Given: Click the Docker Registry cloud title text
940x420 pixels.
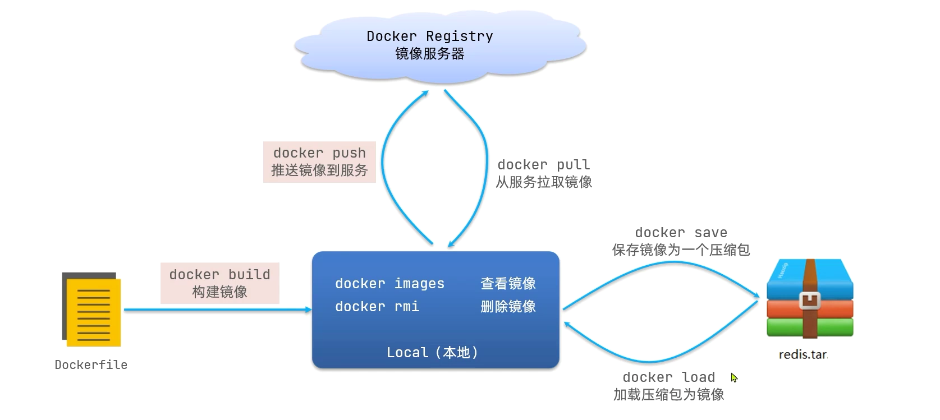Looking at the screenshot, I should [x=429, y=36].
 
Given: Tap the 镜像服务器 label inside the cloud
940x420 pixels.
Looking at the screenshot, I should [x=429, y=54].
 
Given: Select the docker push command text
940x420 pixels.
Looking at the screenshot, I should [x=319, y=153].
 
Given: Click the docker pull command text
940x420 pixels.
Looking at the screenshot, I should [x=543, y=165].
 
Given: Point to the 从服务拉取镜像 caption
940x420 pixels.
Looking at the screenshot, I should [x=543, y=182].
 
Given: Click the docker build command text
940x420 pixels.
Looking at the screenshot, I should [x=219, y=275].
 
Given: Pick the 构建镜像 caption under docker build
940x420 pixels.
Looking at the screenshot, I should [x=219, y=292].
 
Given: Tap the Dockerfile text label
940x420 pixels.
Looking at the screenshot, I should [x=91, y=365].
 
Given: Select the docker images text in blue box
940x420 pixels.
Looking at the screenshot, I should [x=389, y=284].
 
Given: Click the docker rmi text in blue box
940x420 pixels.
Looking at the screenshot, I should [x=377, y=307].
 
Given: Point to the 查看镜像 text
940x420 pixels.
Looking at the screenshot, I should [x=508, y=284].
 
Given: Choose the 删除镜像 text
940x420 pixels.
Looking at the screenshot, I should [x=508, y=307].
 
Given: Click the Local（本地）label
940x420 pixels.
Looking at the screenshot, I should [x=432, y=353].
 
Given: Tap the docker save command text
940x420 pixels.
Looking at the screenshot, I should [x=681, y=233].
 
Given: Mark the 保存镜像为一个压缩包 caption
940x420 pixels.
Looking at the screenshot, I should [x=681, y=250].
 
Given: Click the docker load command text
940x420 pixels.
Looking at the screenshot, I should [x=668, y=377].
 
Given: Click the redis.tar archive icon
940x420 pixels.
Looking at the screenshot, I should [x=810, y=298].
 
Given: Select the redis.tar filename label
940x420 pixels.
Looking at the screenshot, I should [x=803, y=355].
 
